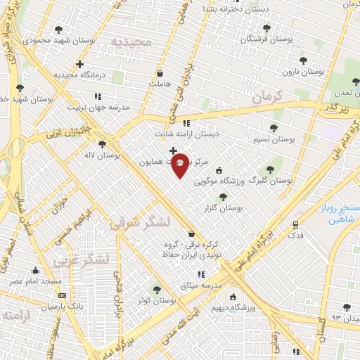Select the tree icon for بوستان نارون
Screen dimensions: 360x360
click(303, 61)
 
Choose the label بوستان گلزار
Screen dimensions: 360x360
click(225, 209)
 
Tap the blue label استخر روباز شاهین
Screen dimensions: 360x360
click(337, 215)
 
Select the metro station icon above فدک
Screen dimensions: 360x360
click(296, 225)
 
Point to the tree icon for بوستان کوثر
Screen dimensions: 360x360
click(156, 289)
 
